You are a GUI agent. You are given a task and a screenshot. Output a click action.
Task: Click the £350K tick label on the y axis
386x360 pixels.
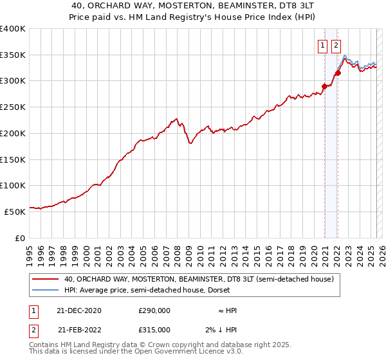pos(13,55)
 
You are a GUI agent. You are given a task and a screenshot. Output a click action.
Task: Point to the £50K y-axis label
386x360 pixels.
pos(15,211)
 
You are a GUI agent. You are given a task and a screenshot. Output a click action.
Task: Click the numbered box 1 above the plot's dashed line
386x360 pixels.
pos(322,45)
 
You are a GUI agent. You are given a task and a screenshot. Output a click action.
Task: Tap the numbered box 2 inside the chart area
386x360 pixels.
pos(336,45)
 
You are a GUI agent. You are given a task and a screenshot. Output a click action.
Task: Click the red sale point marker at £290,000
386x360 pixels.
pos(324,85)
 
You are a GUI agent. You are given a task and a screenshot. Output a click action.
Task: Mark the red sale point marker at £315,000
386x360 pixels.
pos(338,73)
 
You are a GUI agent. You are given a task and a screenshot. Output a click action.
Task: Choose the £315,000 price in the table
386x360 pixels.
pos(154,329)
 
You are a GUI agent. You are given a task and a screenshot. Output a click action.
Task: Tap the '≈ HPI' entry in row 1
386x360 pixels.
pos(227,310)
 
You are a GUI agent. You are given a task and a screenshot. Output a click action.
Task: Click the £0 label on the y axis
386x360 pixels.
pos(19,237)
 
